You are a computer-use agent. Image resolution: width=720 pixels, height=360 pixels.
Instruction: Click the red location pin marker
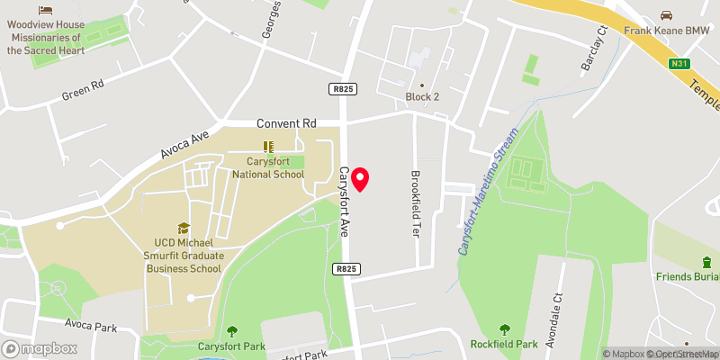[361, 178]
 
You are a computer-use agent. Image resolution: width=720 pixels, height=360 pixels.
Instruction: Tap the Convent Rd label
[287, 123]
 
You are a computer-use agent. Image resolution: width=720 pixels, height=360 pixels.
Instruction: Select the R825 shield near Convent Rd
[341, 88]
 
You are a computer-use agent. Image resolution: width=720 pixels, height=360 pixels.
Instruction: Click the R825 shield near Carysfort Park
[346, 268]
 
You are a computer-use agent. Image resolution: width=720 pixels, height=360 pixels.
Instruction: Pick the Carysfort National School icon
[268, 146]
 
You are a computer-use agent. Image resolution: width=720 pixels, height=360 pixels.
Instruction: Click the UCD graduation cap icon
[184, 229]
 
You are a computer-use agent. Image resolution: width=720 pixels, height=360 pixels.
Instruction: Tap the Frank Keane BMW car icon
[666, 15]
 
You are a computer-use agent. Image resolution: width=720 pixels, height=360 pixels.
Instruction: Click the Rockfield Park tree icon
[503, 330]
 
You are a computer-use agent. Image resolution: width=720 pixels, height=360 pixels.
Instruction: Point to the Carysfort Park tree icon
[233, 331]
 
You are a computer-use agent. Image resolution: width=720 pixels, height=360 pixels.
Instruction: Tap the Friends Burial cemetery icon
[707, 262]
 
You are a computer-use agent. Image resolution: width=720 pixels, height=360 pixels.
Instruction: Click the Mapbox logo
[39, 348]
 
